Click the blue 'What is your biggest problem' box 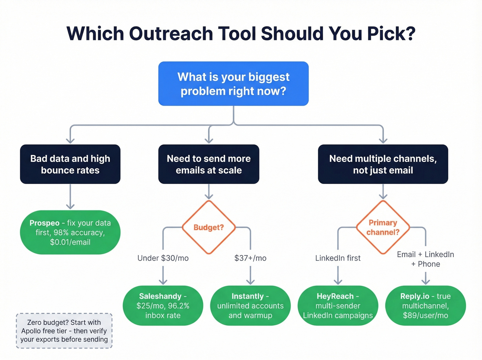(x=233, y=84)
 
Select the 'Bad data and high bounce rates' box (x=70, y=164)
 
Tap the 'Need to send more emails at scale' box (x=209, y=164)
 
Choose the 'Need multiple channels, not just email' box (x=383, y=164)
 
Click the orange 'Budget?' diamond (x=209, y=227)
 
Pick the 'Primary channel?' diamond (x=383, y=227)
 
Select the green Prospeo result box (x=70, y=233)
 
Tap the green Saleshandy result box (x=163, y=306)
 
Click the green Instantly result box (x=250, y=306)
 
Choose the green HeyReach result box (x=338, y=306)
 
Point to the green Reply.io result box (x=426, y=306)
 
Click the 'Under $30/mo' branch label (x=163, y=258)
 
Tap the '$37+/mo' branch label (x=250, y=258)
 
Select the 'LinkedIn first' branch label (x=338, y=258)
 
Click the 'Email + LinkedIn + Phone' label (x=426, y=259)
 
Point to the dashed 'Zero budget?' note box (x=64, y=331)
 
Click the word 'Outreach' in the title (x=171, y=34)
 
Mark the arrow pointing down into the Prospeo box (x=70, y=206)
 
